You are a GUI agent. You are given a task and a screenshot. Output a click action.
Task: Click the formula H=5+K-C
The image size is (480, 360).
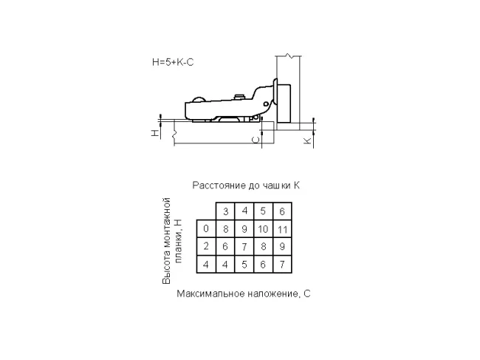click(173, 62)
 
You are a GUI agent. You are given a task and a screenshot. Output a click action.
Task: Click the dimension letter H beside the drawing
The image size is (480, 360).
click(156, 132)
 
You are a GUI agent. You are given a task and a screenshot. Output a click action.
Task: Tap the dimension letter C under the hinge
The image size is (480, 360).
click(256, 140)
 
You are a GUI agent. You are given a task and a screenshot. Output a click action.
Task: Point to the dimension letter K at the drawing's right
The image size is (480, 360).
click(307, 140)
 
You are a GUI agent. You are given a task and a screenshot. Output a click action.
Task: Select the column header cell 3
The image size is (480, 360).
click(225, 211)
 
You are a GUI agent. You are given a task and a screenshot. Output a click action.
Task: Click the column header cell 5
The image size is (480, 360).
click(263, 211)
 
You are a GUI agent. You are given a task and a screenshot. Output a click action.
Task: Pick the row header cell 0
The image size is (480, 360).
click(206, 228)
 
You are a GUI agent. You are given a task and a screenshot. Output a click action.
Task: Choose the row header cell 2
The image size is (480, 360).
click(206, 246)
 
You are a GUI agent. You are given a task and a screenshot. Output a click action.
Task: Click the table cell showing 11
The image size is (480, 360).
click(282, 229)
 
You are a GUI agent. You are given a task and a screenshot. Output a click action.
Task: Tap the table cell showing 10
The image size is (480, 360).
click(263, 229)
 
